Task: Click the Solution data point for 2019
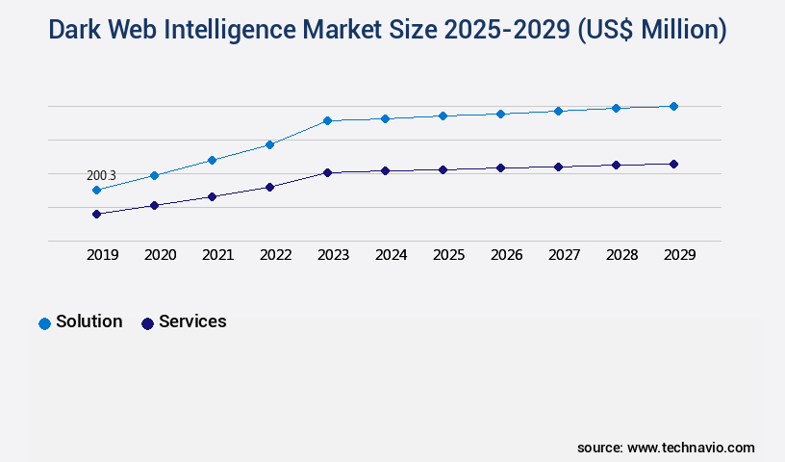(96, 191)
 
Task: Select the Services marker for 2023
(327, 173)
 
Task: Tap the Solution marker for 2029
(673, 106)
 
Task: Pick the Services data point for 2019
(96, 214)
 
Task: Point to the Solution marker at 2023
(327, 121)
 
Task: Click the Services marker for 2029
(673, 164)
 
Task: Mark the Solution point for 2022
(269, 144)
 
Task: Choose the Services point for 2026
(500, 168)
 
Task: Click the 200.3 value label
(101, 176)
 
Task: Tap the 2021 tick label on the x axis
(217, 255)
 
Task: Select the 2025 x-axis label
(448, 255)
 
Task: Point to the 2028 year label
(621, 255)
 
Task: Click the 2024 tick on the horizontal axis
(391, 255)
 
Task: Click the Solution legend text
(89, 321)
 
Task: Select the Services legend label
(192, 321)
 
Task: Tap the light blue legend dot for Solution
(44, 323)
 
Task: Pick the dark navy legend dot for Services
(147, 323)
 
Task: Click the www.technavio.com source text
(691, 448)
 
